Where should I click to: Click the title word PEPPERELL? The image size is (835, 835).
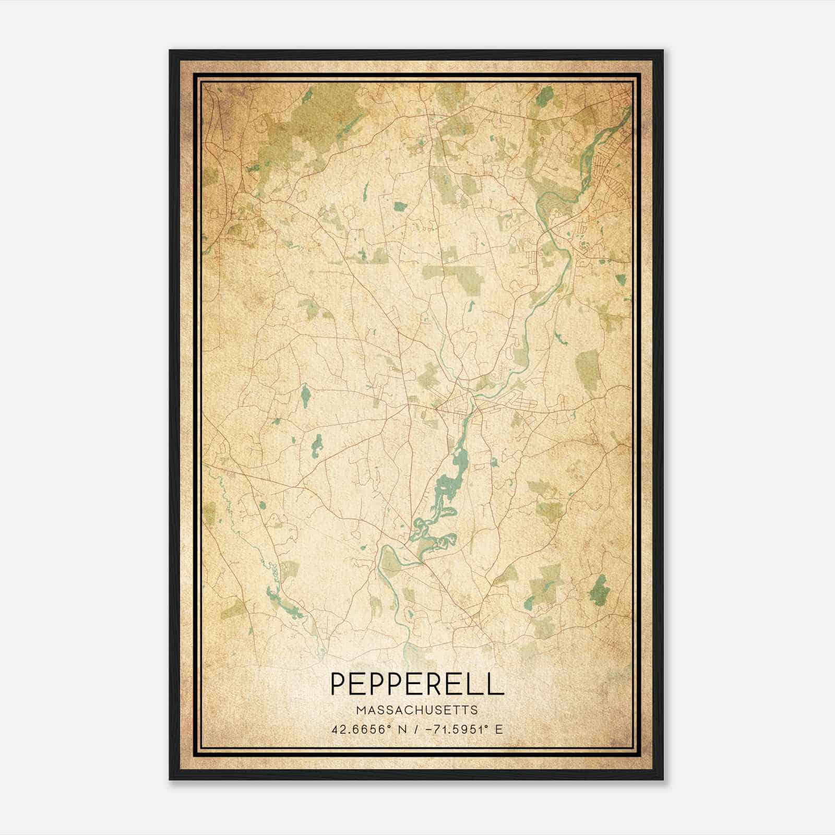417,684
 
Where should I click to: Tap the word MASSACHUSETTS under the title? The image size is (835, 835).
417,710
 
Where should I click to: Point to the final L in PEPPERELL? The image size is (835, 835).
496,684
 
